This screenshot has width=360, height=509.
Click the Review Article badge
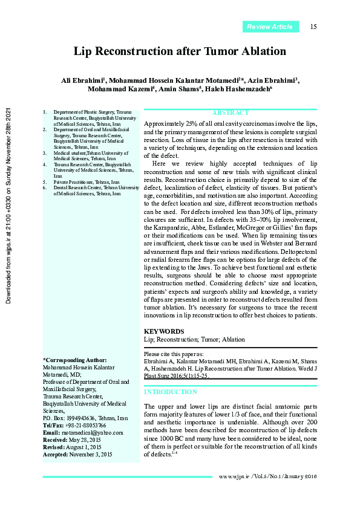[270, 27]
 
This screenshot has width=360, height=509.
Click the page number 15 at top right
[313, 27]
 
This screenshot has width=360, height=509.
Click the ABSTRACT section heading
[231, 113]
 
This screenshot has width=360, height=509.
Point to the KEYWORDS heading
[164, 331]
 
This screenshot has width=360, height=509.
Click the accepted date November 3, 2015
[91, 454]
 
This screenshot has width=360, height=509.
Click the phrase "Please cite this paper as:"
[174, 354]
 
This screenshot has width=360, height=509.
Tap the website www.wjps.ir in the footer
[235, 477]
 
